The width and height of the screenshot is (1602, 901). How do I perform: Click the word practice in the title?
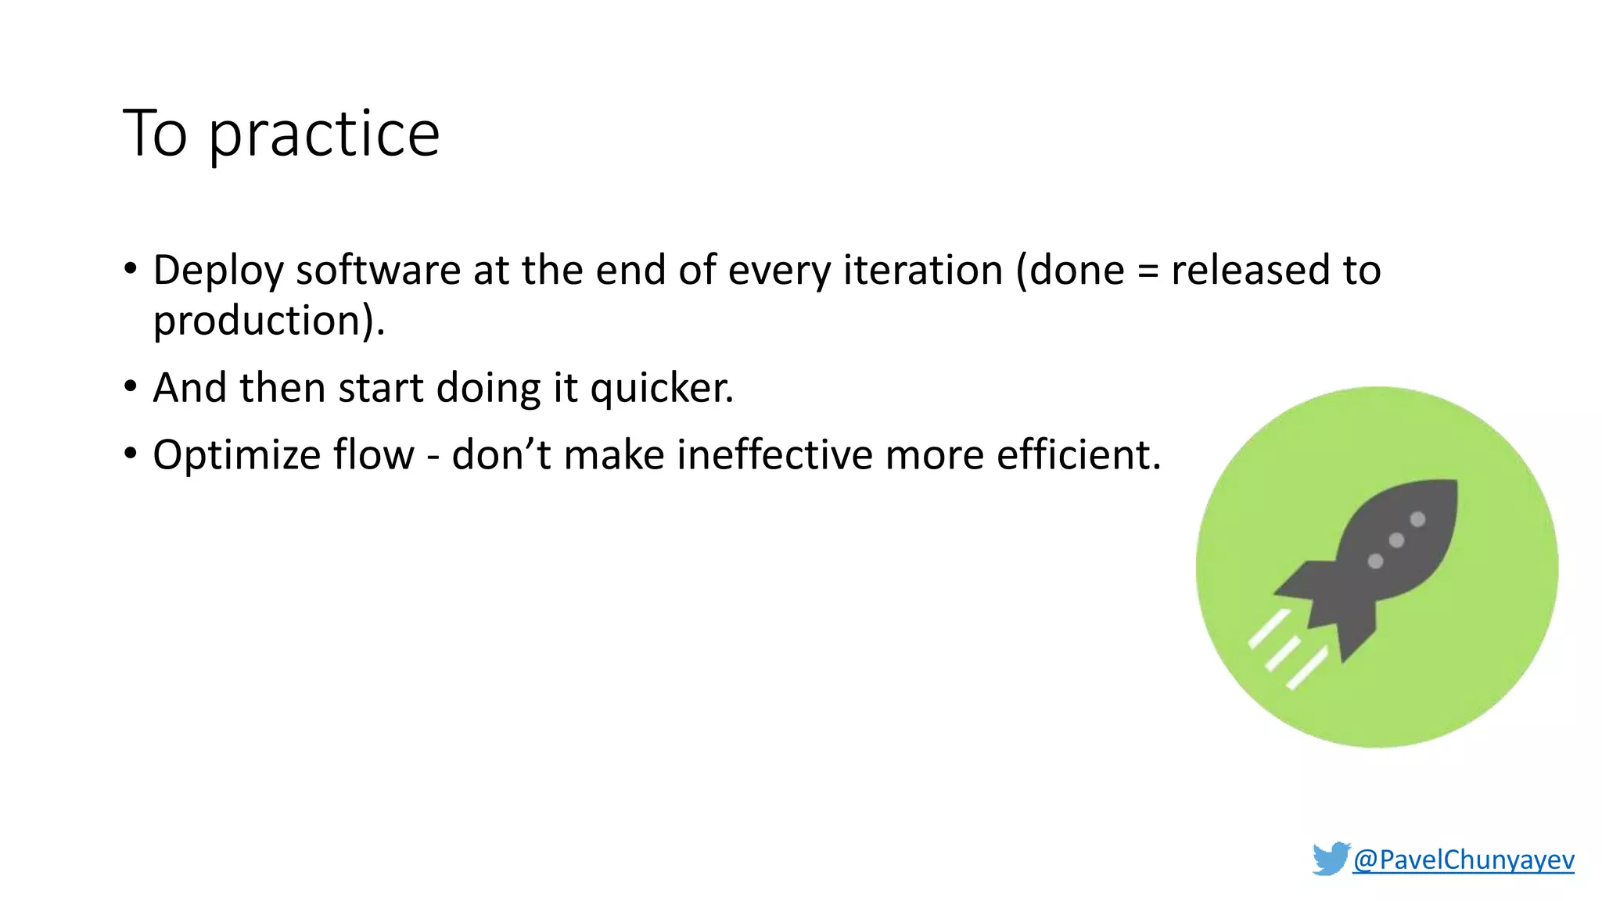324,135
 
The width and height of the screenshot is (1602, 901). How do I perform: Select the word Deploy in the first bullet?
217,271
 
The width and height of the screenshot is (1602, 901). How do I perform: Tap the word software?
378,271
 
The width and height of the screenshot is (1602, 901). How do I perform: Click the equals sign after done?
1148,272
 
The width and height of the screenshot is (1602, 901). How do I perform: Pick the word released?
1250,271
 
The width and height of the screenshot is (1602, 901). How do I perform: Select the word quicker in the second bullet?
661,388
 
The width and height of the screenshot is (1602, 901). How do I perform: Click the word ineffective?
774,455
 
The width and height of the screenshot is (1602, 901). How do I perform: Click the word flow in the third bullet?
373,455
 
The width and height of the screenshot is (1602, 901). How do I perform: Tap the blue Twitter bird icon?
1331,859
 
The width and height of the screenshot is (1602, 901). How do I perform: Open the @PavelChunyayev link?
1463,860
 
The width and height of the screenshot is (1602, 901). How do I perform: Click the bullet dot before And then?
131,386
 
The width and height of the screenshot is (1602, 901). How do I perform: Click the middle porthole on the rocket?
1396,540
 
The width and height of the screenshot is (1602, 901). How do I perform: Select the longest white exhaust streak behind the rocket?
1307,668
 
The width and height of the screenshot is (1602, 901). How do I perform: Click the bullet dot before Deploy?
131,269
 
